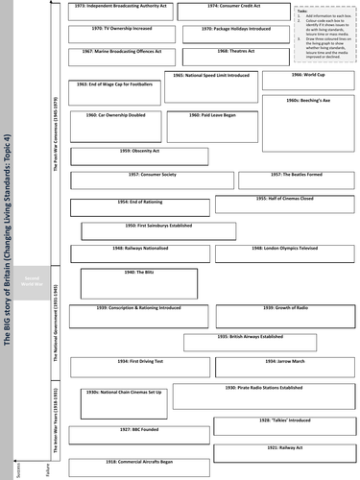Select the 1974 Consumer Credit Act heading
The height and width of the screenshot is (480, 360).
[231, 7]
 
